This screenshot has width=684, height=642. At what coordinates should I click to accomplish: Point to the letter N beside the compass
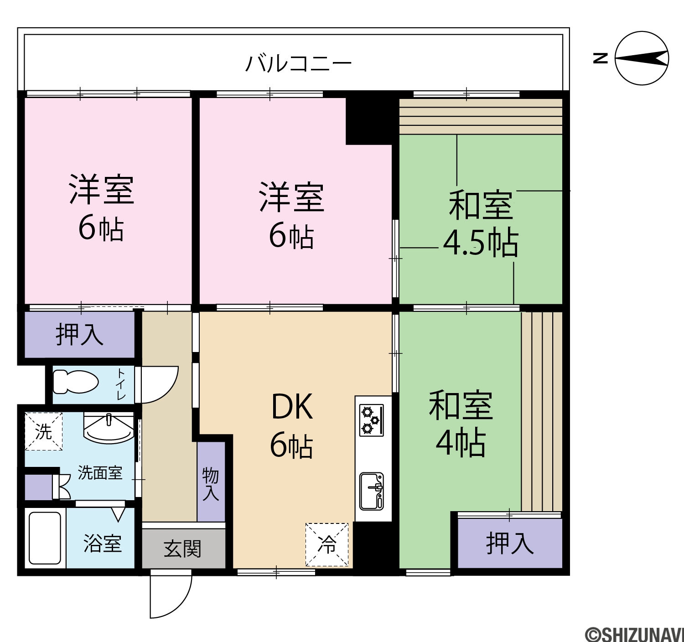(x=600, y=58)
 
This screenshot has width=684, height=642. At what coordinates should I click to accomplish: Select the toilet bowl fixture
(x=76, y=382)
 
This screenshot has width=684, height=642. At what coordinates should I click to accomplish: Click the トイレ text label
(x=121, y=384)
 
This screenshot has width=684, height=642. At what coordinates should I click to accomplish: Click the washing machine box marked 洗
(x=43, y=431)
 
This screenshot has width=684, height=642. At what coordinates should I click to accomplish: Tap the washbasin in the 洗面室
(x=109, y=427)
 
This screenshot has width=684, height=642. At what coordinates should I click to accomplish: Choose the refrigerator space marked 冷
(x=327, y=544)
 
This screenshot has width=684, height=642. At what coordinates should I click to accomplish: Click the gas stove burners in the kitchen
(x=371, y=420)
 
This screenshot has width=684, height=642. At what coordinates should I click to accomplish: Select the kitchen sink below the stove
(x=372, y=491)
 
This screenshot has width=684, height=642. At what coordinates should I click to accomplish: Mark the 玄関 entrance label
(x=182, y=549)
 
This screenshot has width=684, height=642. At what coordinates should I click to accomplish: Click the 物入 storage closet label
(x=210, y=484)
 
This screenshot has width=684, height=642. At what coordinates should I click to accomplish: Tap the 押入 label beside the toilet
(x=79, y=334)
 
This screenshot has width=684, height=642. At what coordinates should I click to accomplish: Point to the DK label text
(x=292, y=407)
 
